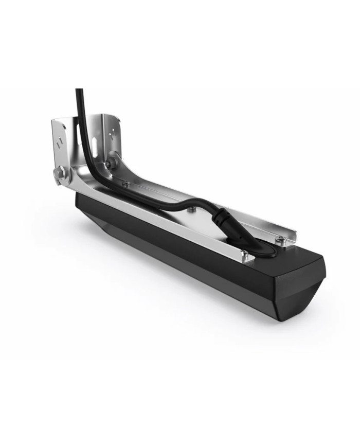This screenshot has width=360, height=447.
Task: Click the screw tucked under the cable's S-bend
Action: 192,209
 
